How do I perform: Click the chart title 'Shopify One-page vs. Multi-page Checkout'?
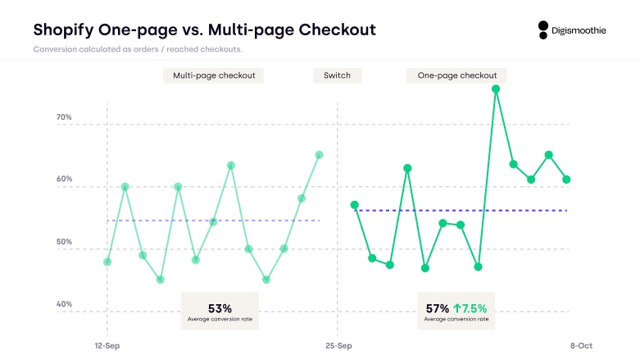(x=204, y=30)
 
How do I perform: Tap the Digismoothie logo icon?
(x=542, y=30)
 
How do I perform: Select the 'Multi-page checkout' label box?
(x=213, y=75)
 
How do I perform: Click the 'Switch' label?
(x=337, y=75)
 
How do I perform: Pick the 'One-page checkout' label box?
(x=456, y=75)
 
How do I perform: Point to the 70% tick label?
(x=63, y=117)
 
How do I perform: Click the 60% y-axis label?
(x=63, y=180)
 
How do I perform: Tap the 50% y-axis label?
(x=63, y=243)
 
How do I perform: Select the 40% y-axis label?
(x=63, y=304)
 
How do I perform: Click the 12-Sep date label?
(x=107, y=346)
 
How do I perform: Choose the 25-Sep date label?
(x=338, y=346)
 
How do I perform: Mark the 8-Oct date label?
(x=581, y=346)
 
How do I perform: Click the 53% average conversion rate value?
(x=220, y=308)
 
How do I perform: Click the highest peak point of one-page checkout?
(x=496, y=89)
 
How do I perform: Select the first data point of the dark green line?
(x=354, y=205)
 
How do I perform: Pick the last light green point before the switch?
(x=319, y=154)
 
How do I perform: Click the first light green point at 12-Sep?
(x=107, y=262)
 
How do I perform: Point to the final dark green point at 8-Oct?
(x=566, y=180)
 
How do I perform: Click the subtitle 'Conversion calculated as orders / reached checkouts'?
(x=138, y=49)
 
